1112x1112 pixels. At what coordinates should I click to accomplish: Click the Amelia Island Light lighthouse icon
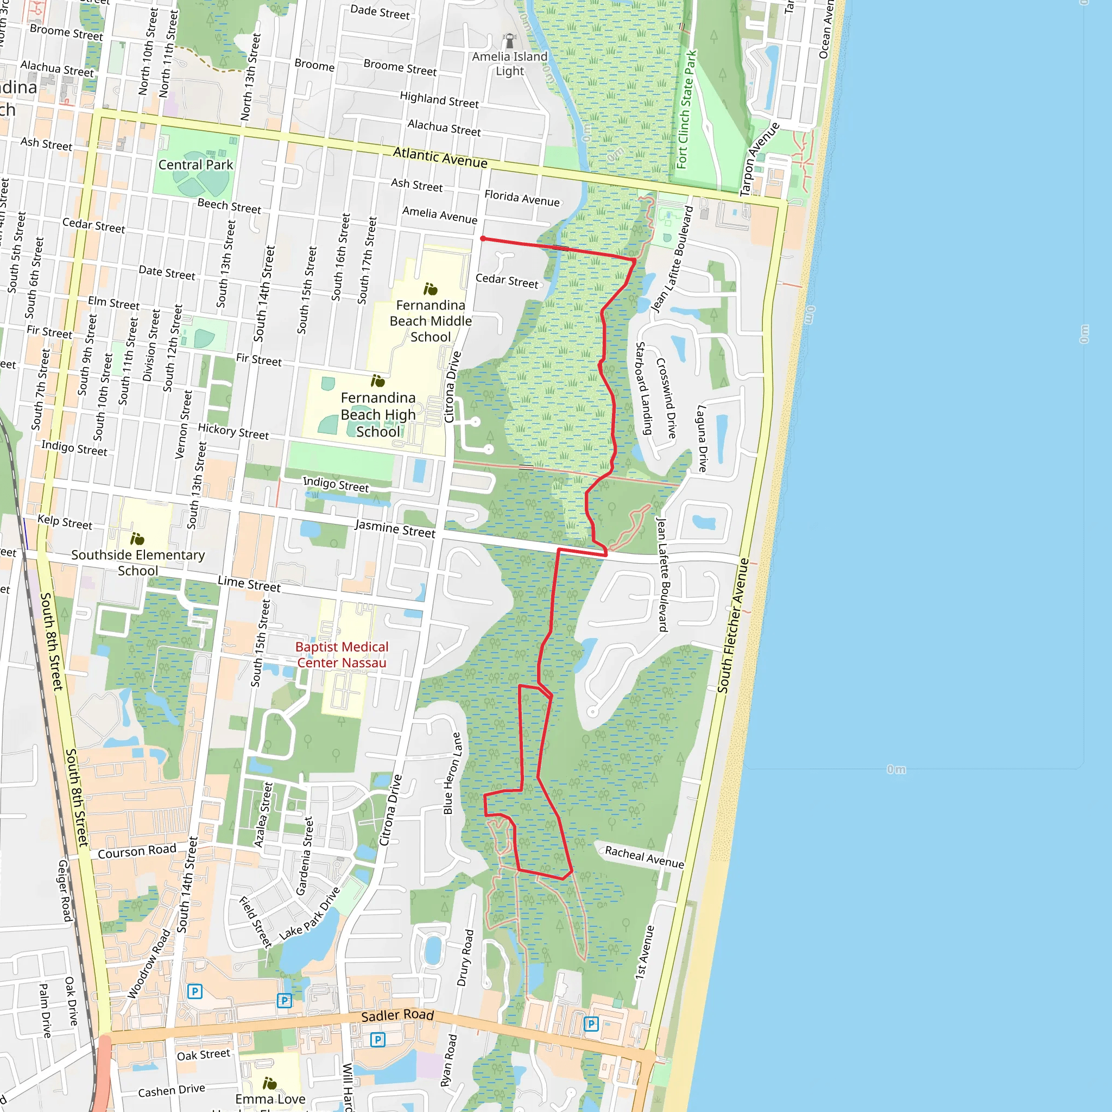509,40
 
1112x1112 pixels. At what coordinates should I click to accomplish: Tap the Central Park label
195,165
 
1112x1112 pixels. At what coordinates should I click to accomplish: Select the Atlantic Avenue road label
440,157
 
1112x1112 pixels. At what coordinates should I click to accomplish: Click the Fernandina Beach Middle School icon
430,289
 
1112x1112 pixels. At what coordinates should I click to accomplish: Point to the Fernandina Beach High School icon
377,381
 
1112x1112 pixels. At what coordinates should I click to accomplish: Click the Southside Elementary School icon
137,539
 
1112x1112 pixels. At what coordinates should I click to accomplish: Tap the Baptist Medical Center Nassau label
342,655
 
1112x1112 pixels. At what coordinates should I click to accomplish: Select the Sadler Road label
397,1015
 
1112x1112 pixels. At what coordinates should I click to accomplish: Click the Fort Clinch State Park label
686,109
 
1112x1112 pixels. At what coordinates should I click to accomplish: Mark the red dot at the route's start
483,239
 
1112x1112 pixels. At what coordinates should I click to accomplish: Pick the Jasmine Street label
395,528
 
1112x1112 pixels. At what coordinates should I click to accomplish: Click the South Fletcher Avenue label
732,625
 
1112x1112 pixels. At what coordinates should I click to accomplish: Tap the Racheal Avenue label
644,857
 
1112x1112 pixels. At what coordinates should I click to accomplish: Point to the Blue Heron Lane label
452,773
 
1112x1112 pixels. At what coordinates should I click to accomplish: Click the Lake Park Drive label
309,914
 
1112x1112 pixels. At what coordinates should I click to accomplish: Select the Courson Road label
137,851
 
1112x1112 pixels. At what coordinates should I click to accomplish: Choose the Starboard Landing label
643,389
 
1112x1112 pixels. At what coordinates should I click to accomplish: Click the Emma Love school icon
269,1084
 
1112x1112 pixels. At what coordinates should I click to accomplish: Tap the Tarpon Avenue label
759,160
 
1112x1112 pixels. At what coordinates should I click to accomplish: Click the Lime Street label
249,584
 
